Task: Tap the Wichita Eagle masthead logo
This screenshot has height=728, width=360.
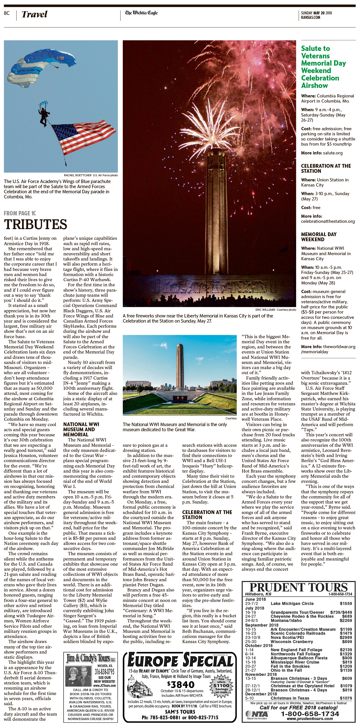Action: (141, 13)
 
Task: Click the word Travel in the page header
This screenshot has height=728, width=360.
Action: (34, 14)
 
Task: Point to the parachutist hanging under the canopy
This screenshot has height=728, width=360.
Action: (44, 116)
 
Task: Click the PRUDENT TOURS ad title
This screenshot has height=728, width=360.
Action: (298, 587)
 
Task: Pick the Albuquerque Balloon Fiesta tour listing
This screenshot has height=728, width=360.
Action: (299, 658)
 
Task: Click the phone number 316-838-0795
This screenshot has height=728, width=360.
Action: (104, 671)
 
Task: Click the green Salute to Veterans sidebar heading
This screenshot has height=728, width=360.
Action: (323, 67)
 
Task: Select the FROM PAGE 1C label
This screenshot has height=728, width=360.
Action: (20, 213)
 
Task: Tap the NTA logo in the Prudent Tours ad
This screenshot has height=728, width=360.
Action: (256, 714)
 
